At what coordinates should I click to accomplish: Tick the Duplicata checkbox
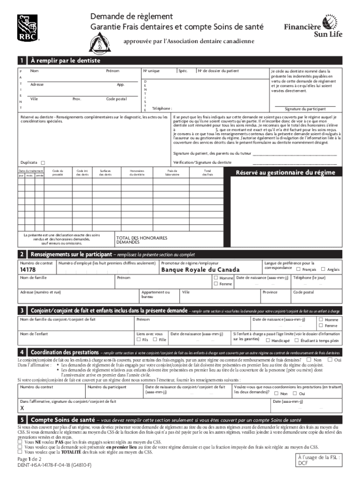(x=43, y=163)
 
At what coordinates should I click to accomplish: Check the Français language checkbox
(x=298, y=269)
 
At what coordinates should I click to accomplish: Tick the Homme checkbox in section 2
(x=216, y=278)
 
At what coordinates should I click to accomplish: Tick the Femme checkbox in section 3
(x=321, y=326)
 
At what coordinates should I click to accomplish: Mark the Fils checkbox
(x=138, y=340)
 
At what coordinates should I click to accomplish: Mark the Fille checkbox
(x=155, y=340)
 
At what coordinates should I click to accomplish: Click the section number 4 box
(x=22, y=352)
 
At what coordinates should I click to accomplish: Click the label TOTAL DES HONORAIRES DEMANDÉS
(x=141, y=240)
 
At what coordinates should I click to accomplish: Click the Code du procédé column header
(x=58, y=173)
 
